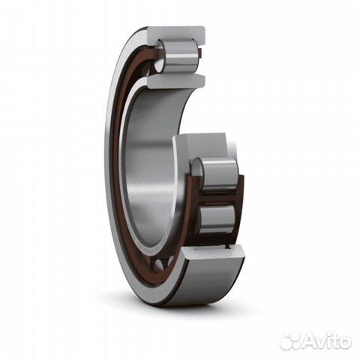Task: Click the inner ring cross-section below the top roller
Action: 174,80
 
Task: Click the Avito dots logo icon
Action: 290,341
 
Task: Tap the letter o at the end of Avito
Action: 346,343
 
